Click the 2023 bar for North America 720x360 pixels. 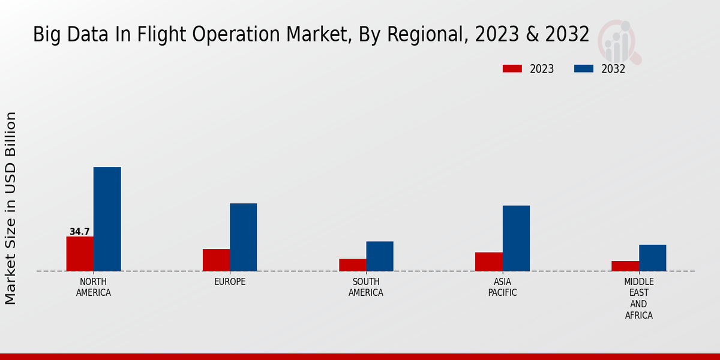80,254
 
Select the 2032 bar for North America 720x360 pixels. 107,219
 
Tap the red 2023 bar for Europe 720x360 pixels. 216,260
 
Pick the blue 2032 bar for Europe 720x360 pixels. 243,237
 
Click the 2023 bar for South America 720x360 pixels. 352,265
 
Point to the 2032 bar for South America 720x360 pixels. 380,256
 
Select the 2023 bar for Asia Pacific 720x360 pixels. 488,262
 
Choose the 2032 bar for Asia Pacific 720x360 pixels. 516,238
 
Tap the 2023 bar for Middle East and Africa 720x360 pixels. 625,266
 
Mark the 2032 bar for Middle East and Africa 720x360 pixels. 652,257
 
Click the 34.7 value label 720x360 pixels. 80,232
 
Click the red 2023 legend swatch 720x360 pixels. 512,68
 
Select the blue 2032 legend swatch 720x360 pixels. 583,68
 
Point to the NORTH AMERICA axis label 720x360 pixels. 94,287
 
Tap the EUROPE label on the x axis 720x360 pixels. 230,282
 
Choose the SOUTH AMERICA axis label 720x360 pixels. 366,287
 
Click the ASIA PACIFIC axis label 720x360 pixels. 502,287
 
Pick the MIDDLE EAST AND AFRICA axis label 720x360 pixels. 638,298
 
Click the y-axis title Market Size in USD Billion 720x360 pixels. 11,208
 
